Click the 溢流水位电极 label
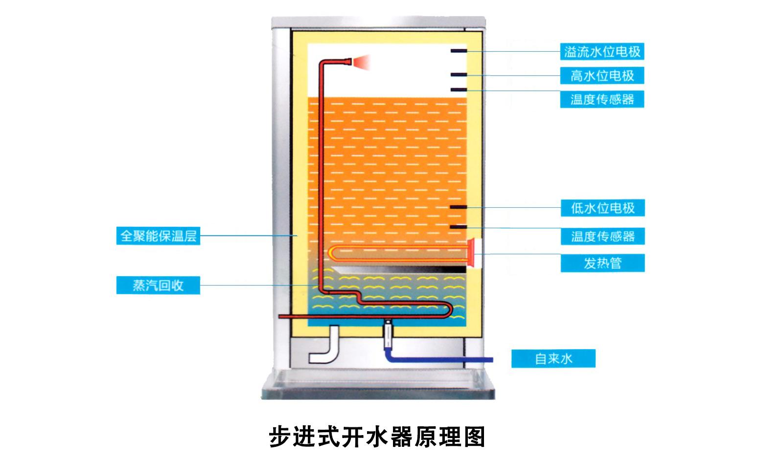pyautogui.click(x=602, y=51)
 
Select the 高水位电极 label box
pyautogui.click(x=602, y=76)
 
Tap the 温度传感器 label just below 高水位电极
pyautogui.click(x=602, y=100)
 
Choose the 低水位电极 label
pyautogui.click(x=602, y=208)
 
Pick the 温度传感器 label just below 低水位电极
pyautogui.click(x=602, y=237)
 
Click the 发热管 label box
pyautogui.click(x=602, y=263)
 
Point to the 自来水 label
pyautogui.click(x=553, y=359)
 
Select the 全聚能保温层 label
pyautogui.click(x=158, y=236)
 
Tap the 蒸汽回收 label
pyautogui.click(x=158, y=286)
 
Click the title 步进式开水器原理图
pyautogui.click(x=377, y=436)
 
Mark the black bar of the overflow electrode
pyautogui.click(x=459, y=51)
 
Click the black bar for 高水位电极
pyautogui.click(x=459, y=75)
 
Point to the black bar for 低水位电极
pyautogui.click(x=459, y=207)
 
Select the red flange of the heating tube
pyautogui.click(x=472, y=253)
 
